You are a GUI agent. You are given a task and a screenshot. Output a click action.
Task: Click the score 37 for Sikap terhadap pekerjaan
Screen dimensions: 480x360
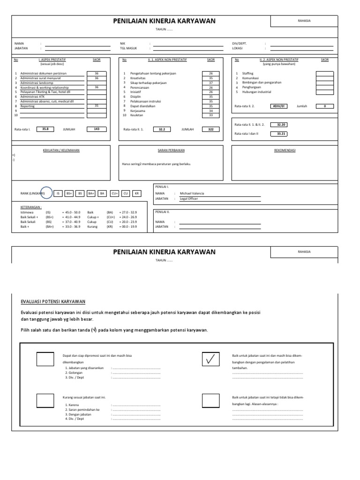tap(210, 82)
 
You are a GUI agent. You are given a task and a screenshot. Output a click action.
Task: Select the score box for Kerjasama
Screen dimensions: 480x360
tap(210, 111)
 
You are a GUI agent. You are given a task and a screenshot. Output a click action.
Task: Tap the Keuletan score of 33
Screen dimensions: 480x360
tap(210, 115)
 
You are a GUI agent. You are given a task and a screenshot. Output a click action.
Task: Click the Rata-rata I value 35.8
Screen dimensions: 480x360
tap(45, 128)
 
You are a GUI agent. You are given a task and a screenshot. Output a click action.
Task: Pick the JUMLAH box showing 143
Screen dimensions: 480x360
tap(96, 128)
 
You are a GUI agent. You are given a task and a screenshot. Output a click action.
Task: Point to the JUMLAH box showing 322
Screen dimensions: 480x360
tap(210, 129)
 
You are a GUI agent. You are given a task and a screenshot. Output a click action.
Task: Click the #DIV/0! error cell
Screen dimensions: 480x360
tap(281, 106)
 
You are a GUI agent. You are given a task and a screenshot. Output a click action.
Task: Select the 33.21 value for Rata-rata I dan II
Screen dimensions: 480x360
tap(281, 134)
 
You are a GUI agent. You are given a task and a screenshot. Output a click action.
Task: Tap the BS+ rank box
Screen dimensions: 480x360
tap(69, 193)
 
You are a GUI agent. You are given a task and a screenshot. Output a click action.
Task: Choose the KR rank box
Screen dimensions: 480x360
tap(137, 193)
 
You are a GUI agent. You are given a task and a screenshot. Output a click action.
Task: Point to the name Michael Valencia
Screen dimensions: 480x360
tap(192, 193)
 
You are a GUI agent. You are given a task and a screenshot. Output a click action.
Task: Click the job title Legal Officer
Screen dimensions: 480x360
tap(189, 199)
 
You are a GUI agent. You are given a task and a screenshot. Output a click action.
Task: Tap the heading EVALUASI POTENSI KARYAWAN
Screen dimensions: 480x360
tap(53, 302)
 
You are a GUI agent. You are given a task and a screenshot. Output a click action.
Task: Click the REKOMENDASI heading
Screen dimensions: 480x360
tap(285, 150)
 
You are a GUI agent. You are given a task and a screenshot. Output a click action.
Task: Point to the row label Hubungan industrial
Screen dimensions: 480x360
tap(256, 92)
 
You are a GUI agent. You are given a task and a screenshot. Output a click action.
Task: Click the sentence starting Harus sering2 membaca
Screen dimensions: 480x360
tap(156, 164)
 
